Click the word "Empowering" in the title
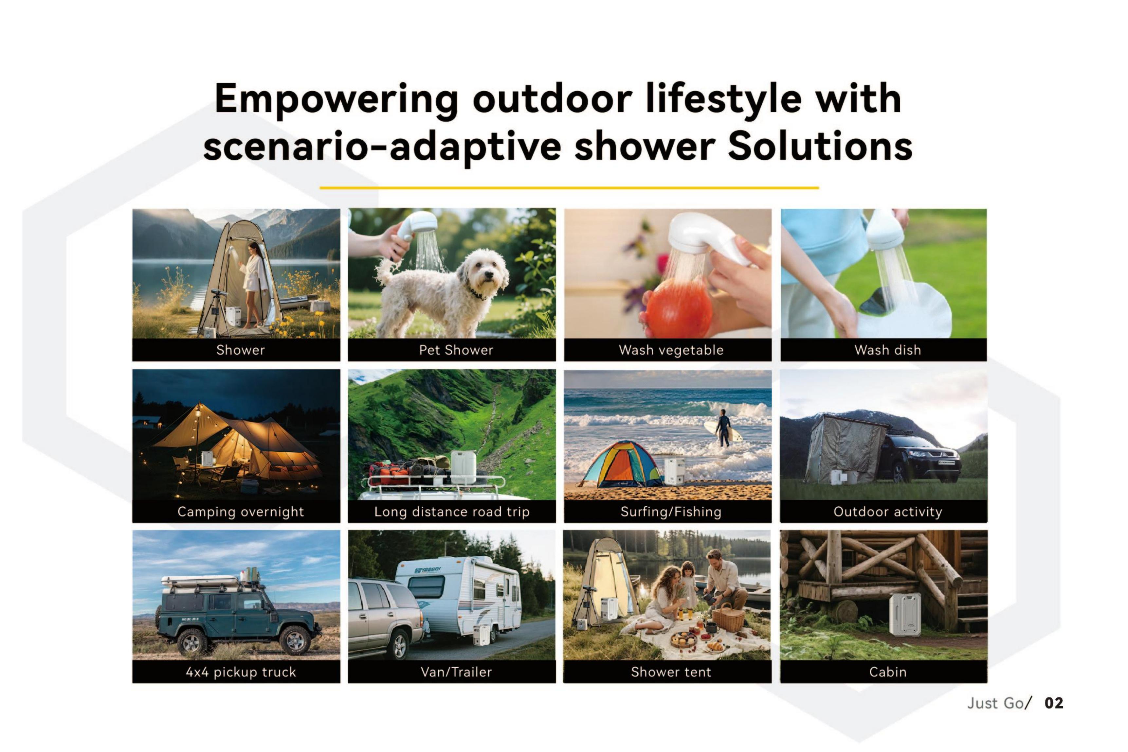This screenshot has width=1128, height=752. (336, 100)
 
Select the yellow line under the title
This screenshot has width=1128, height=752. (569, 187)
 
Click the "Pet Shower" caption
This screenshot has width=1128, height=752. (456, 350)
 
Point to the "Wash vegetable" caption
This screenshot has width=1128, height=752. (671, 350)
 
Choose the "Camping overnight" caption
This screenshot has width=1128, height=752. (240, 512)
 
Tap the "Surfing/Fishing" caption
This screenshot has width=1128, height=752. (671, 512)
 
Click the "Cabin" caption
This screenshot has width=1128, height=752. (888, 672)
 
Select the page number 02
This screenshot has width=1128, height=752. (1054, 703)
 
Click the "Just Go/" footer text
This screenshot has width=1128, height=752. (998, 703)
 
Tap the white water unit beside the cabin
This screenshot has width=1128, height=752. (905, 614)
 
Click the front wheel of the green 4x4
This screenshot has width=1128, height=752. (295, 641)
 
